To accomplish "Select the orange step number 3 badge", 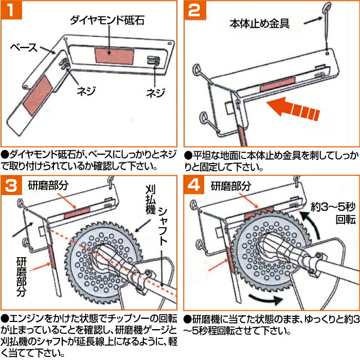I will click(x=14, y=186).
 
